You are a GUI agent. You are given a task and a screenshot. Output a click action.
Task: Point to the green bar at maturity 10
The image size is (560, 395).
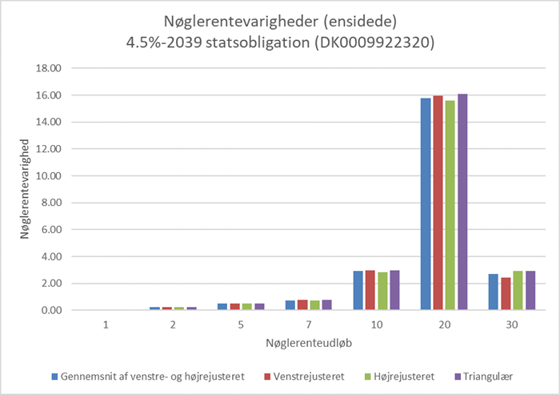pos(382,292)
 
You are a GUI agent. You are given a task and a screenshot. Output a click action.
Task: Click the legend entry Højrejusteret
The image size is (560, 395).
pos(396,375)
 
